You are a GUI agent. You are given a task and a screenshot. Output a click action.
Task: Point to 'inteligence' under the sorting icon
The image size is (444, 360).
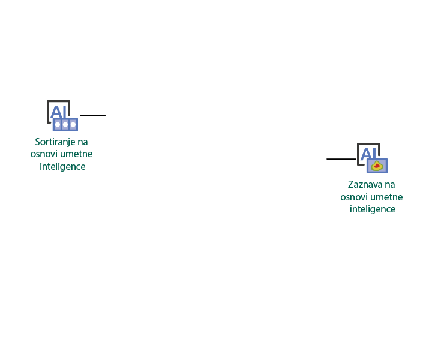point(62,167)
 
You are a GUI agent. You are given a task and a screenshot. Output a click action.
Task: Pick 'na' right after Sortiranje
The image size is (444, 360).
point(83,142)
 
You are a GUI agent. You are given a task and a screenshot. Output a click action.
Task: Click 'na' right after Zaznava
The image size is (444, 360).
point(389,185)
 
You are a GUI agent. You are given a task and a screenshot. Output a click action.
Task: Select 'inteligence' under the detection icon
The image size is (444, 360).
point(373,209)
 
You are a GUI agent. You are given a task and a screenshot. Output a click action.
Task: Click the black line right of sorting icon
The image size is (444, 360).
point(93,116)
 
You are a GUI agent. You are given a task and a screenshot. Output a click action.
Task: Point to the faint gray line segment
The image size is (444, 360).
point(115,116)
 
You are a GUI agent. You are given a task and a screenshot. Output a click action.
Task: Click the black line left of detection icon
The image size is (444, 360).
point(341,159)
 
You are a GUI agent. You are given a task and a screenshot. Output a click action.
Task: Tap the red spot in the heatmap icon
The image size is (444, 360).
point(377,166)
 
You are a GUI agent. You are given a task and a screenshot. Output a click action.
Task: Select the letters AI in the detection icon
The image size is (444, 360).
point(369,154)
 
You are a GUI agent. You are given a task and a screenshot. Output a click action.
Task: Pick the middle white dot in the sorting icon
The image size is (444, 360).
point(65,125)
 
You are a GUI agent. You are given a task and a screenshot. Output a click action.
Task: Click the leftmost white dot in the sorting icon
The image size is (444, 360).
point(58,125)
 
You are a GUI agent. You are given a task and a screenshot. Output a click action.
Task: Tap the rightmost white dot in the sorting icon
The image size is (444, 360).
point(73,125)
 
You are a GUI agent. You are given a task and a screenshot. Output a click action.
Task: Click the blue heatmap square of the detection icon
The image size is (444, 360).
point(377,166)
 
